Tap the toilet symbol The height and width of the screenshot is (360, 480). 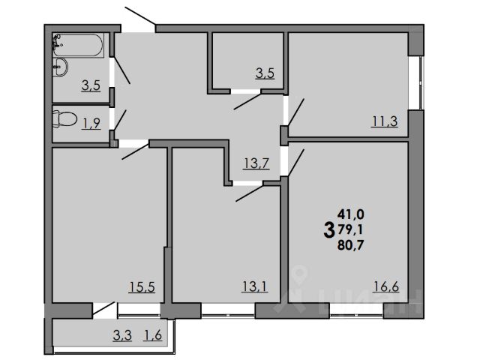[x=66, y=120]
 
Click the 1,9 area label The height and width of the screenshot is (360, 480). [x=91, y=124]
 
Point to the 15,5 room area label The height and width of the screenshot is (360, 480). [x=142, y=286]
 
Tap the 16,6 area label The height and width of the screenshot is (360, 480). [x=385, y=286]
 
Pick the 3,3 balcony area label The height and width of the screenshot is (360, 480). [x=123, y=335]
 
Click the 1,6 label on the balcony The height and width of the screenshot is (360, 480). [x=153, y=335]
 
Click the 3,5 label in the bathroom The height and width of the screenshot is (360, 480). [x=91, y=85]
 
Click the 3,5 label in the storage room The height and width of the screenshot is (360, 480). [x=265, y=73]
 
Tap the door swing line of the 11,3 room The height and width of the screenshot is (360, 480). [x=294, y=111]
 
